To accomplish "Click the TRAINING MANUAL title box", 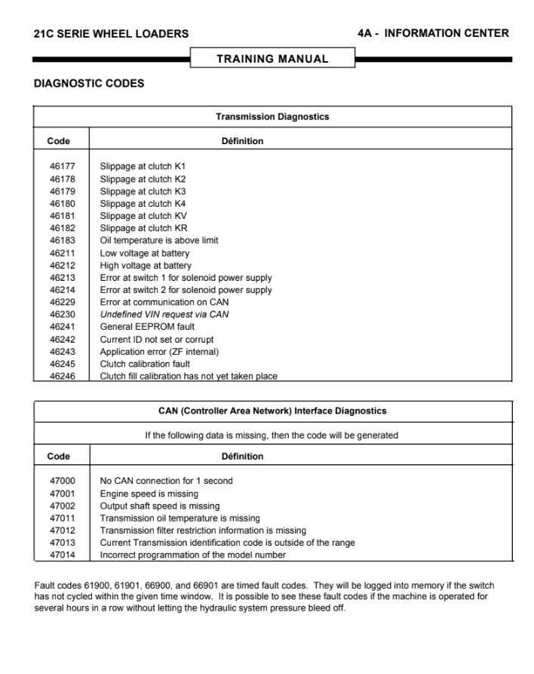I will coord(272,59).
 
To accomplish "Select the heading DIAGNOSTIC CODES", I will coord(89,84).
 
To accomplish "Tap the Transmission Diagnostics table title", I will coord(272,117).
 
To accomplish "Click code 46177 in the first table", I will coord(62,166).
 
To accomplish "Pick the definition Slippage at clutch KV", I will coord(143,216).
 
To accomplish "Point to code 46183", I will coord(62,241).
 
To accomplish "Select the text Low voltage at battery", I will coord(145,254).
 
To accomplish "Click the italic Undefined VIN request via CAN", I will coord(164,315).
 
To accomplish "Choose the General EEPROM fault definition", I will coord(147,327).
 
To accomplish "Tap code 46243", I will coord(62,352).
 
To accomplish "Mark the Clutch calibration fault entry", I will coord(145,364).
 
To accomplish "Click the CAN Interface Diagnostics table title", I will coord(272,411).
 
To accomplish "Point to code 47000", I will coord(62,481).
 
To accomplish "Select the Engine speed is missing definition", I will coord(149,494).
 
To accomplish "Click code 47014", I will coord(62,556).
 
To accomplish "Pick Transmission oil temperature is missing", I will coord(180,519).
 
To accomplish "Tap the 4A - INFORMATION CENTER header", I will coord(433,33).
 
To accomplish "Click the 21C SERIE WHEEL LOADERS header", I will coord(112,34).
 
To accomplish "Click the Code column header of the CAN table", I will coord(59,457).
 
